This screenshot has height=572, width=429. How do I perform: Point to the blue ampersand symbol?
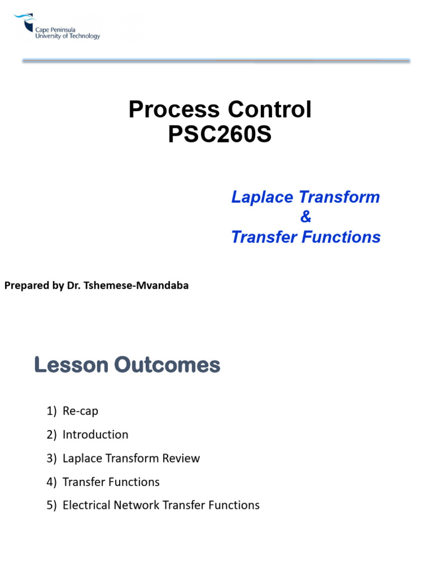pos(306,217)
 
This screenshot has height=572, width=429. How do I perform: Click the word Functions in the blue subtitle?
pos(346,237)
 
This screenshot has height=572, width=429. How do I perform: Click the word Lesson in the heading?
pos(71,365)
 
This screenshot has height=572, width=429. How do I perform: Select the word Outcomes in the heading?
pos(168,365)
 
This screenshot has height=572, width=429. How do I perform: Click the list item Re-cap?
pos(80,411)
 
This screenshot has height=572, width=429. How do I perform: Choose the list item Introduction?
pos(95,435)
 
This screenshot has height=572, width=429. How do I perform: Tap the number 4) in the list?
pos(53,482)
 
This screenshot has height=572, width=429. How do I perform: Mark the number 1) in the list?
pos(53,411)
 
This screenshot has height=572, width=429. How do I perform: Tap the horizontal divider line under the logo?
pos(216,61)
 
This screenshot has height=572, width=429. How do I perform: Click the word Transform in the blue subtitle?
pos(340,197)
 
